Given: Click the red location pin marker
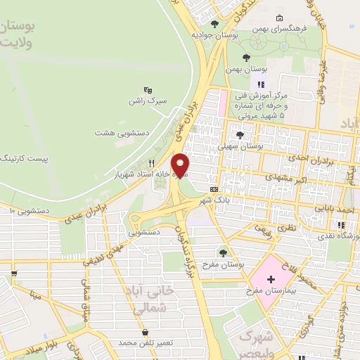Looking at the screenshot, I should pos(181,165).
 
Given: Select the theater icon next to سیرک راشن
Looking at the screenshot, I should pos(148,90).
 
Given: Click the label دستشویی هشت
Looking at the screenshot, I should pos(120,131).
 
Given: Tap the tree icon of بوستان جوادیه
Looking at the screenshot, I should pos(214,24).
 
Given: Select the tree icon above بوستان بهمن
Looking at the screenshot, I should pos(245,58).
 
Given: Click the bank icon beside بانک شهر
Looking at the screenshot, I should pos(214,189).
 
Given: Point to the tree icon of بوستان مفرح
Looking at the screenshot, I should pos(223,252).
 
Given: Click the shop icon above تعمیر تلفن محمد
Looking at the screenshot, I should pos(145,332).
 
